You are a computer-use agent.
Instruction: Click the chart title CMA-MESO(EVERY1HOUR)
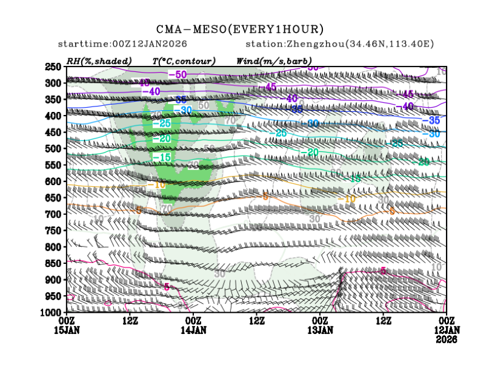pyautogui.click(x=240, y=30)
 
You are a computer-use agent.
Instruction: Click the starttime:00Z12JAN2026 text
pyautogui.click(x=122, y=44)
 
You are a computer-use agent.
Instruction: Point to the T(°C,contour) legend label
pyautogui.click(x=184, y=61)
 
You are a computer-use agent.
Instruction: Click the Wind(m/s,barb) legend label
pyautogui.click(x=274, y=61)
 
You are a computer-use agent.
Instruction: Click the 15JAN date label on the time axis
pyautogui.click(x=66, y=330)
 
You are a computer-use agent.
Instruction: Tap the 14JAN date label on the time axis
pyautogui.click(x=193, y=330)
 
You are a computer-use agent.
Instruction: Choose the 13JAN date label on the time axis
pyautogui.click(x=320, y=330)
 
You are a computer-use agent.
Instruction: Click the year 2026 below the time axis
pyautogui.click(x=447, y=340)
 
